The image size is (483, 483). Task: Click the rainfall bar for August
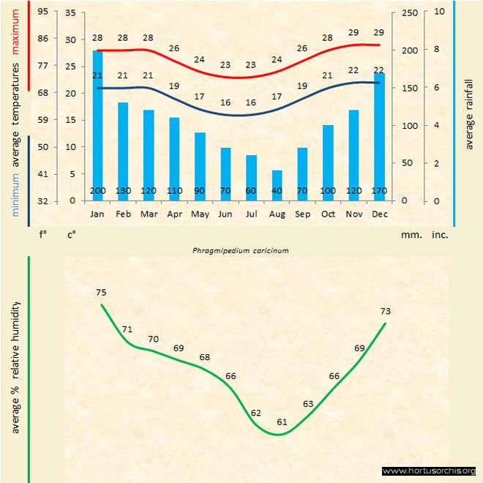[x=277, y=185]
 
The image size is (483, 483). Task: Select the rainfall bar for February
[x=123, y=151]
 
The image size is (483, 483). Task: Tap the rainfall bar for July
[x=251, y=178]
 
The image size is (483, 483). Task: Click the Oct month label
[x=328, y=214]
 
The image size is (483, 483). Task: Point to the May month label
[x=200, y=214]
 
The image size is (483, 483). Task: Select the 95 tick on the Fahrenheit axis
[x=43, y=12]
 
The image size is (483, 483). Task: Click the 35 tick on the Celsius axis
[x=70, y=12]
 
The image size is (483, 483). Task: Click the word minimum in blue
[x=16, y=193]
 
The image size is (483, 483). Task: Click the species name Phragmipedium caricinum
[x=241, y=250]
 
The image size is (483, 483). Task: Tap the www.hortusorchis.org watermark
[x=429, y=471]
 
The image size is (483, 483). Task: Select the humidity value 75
[x=101, y=293]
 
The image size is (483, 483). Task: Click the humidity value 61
[x=282, y=422]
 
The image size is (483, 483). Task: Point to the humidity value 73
[x=386, y=312]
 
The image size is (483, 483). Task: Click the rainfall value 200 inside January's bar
[x=97, y=192]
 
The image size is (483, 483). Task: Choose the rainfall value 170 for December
[x=379, y=192]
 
